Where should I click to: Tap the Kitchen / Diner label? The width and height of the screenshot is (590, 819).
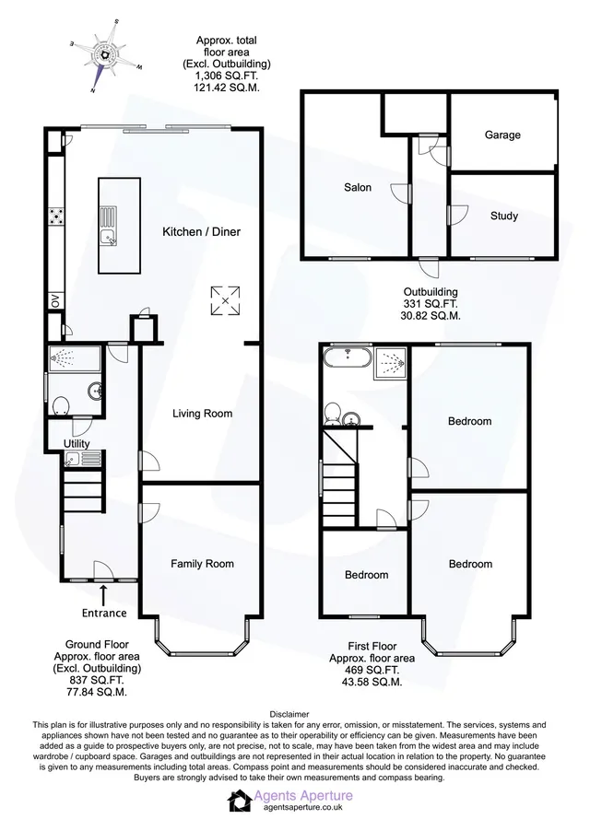(201, 231)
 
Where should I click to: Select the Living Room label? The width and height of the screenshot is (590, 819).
(202, 414)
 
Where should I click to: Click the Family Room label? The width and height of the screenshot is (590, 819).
(202, 564)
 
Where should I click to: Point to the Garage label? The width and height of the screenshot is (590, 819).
(502, 135)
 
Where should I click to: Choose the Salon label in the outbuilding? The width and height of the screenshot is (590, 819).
(358, 187)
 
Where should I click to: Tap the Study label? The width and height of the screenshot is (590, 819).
(503, 216)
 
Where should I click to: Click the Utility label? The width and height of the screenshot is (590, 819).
(77, 443)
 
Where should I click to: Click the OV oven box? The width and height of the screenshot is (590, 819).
(55, 301)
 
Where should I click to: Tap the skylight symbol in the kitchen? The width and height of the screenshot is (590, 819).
(225, 300)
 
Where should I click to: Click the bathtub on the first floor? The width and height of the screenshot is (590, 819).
(348, 358)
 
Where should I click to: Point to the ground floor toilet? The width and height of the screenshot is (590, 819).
(61, 406)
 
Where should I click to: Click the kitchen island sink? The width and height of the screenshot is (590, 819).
(110, 237)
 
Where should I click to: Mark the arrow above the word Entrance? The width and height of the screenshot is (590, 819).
(103, 594)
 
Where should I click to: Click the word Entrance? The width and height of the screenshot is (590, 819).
(104, 613)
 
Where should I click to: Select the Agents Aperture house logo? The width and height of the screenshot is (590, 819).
(240, 801)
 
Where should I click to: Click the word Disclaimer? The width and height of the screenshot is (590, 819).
(289, 714)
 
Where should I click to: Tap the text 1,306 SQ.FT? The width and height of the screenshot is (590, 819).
(226, 76)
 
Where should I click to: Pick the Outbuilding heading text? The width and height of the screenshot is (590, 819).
(431, 293)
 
